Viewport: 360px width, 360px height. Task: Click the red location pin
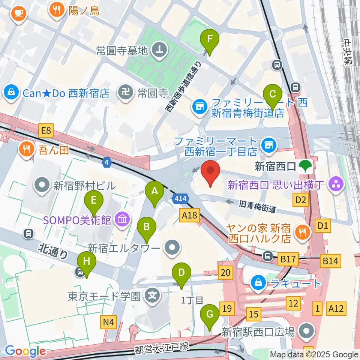(x=210, y=172)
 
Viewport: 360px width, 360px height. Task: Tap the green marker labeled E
(x=94, y=202)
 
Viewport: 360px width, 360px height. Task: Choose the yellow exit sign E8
(x=46, y=131)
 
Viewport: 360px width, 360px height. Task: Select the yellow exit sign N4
(x=109, y=321)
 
